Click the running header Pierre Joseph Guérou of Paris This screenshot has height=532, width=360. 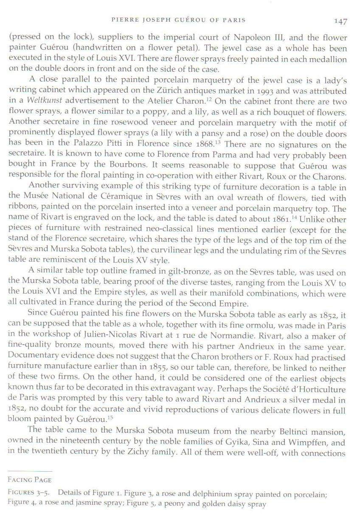pos(178,20)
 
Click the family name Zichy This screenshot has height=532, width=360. pos(141,453)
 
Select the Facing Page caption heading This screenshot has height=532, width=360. pos(29,480)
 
